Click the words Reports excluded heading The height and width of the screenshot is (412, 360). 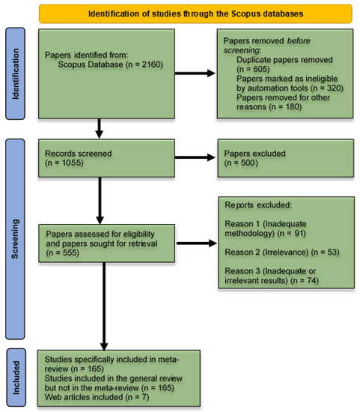[x=257, y=204]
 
